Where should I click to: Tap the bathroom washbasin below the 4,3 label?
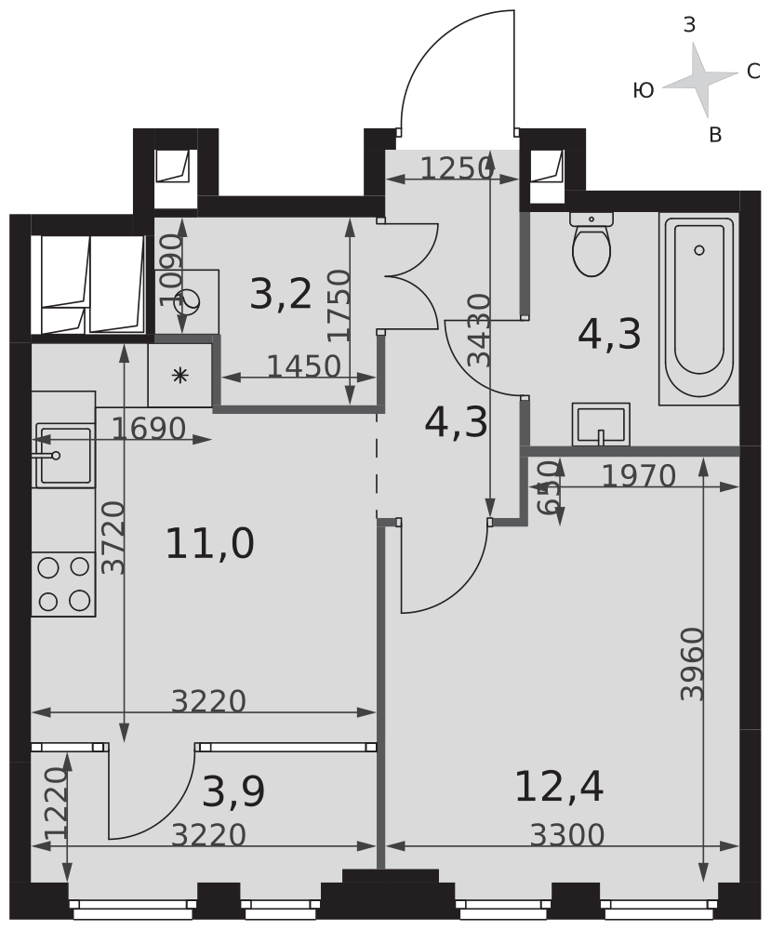pos(600,424)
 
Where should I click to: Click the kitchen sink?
pos(63,455)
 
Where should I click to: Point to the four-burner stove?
pos(63,584)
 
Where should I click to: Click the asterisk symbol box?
pos(179,376)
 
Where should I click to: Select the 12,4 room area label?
pos(559,787)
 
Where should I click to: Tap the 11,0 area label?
pos(210,544)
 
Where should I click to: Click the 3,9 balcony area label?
pos(233,791)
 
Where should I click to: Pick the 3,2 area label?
pos(281,294)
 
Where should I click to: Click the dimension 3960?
pos(692,664)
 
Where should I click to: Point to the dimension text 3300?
pos(567,835)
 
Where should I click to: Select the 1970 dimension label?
pos(639,475)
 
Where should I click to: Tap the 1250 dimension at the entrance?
pos(458,168)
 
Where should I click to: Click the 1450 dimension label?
pos(303,366)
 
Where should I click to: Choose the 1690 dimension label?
pos(148,428)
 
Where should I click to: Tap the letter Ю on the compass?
pos(644,91)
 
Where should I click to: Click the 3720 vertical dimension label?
pos(113,538)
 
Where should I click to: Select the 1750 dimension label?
pos(339,305)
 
